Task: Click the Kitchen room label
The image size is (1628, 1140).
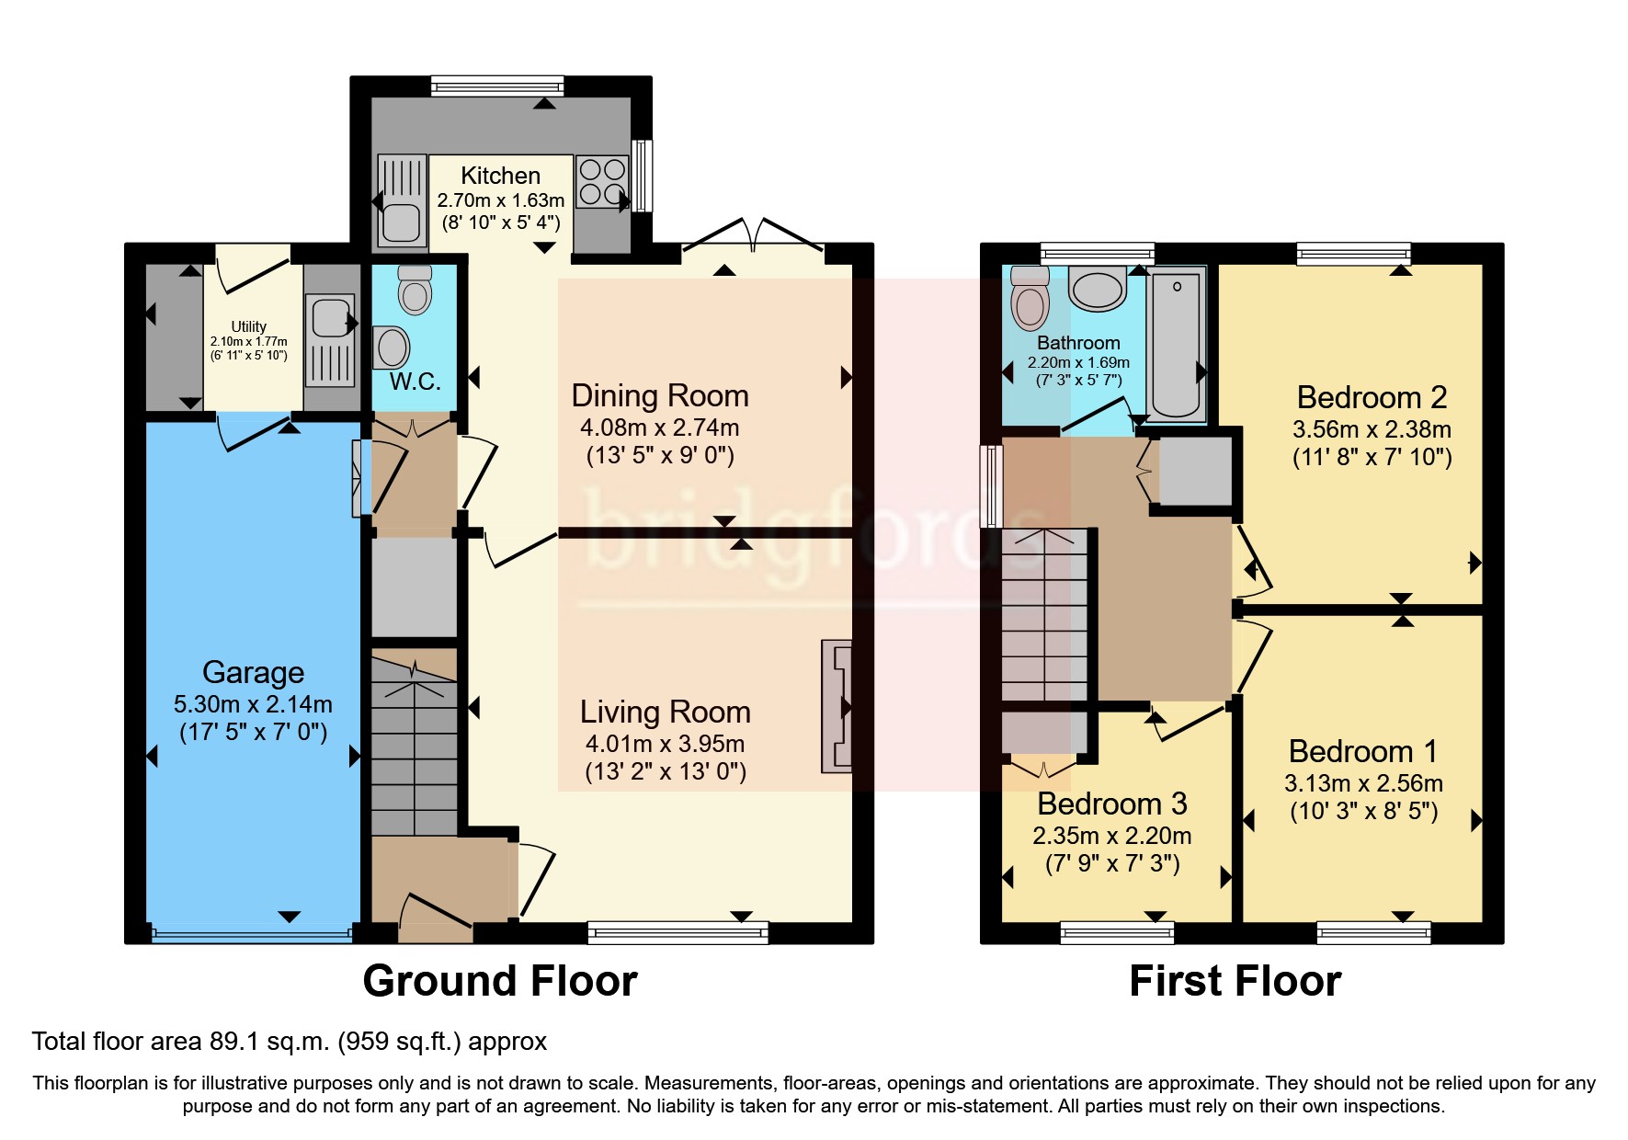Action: [500, 176]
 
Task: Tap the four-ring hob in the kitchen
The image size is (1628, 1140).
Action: [602, 182]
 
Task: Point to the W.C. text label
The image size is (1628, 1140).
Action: [415, 382]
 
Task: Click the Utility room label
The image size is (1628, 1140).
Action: [248, 326]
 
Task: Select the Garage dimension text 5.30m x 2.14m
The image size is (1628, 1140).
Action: [253, 704]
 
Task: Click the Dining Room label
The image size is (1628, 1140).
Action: [659, 395]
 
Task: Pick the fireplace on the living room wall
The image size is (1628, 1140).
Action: [837, 706]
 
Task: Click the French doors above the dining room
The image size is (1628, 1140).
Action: [753, 234]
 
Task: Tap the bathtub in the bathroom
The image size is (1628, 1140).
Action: [1176, 344]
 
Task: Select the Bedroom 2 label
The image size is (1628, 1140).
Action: [1371, 397]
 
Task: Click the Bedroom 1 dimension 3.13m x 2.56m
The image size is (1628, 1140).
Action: [1362, 783]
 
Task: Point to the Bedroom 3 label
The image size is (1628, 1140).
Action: [1111, 804]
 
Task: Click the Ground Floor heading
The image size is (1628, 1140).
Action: [499, 981]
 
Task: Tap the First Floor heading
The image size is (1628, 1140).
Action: [1234, 981]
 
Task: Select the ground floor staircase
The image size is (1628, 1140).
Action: [414, 745]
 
